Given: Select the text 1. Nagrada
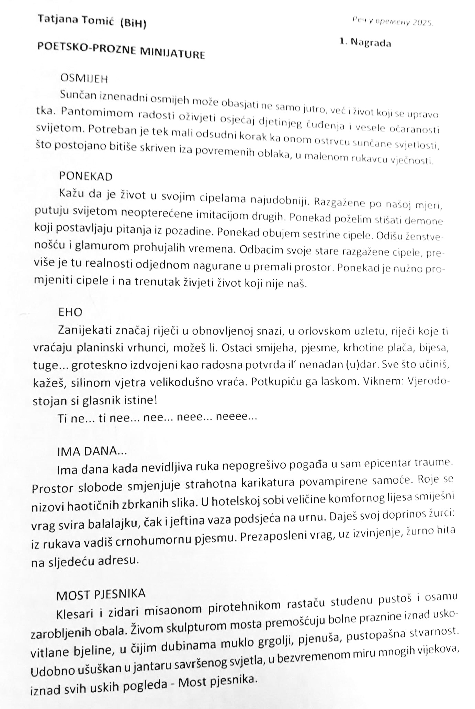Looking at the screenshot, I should click(365, 42).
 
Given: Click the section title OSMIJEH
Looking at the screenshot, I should click(84, 79).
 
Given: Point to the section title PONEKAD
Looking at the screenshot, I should click(86, 177).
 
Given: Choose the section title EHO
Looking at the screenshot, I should click(70, 312).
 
